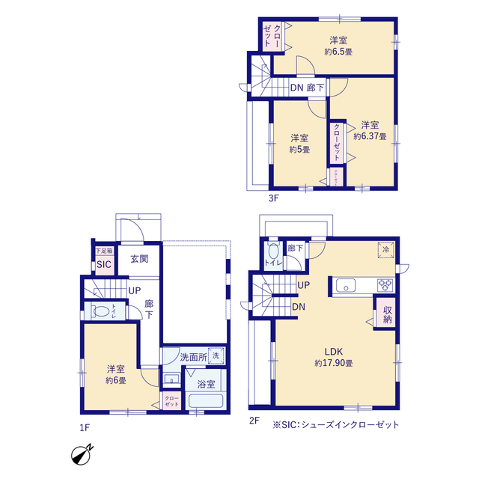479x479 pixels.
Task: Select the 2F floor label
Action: point(254,421)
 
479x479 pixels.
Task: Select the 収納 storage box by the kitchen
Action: point(388,314)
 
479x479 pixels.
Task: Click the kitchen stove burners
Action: point(385,284)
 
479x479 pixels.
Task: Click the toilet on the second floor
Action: point(272,254)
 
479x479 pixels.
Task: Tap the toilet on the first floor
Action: point(100,311)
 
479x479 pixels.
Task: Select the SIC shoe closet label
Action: point(103,264)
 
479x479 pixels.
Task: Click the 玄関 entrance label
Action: point(139,260)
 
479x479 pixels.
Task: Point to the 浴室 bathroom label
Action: point(207,384)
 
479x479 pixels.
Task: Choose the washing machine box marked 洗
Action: point(216,356)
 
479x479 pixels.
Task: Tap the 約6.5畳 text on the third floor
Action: point(339,52)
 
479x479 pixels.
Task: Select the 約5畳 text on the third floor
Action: point(299,149)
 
